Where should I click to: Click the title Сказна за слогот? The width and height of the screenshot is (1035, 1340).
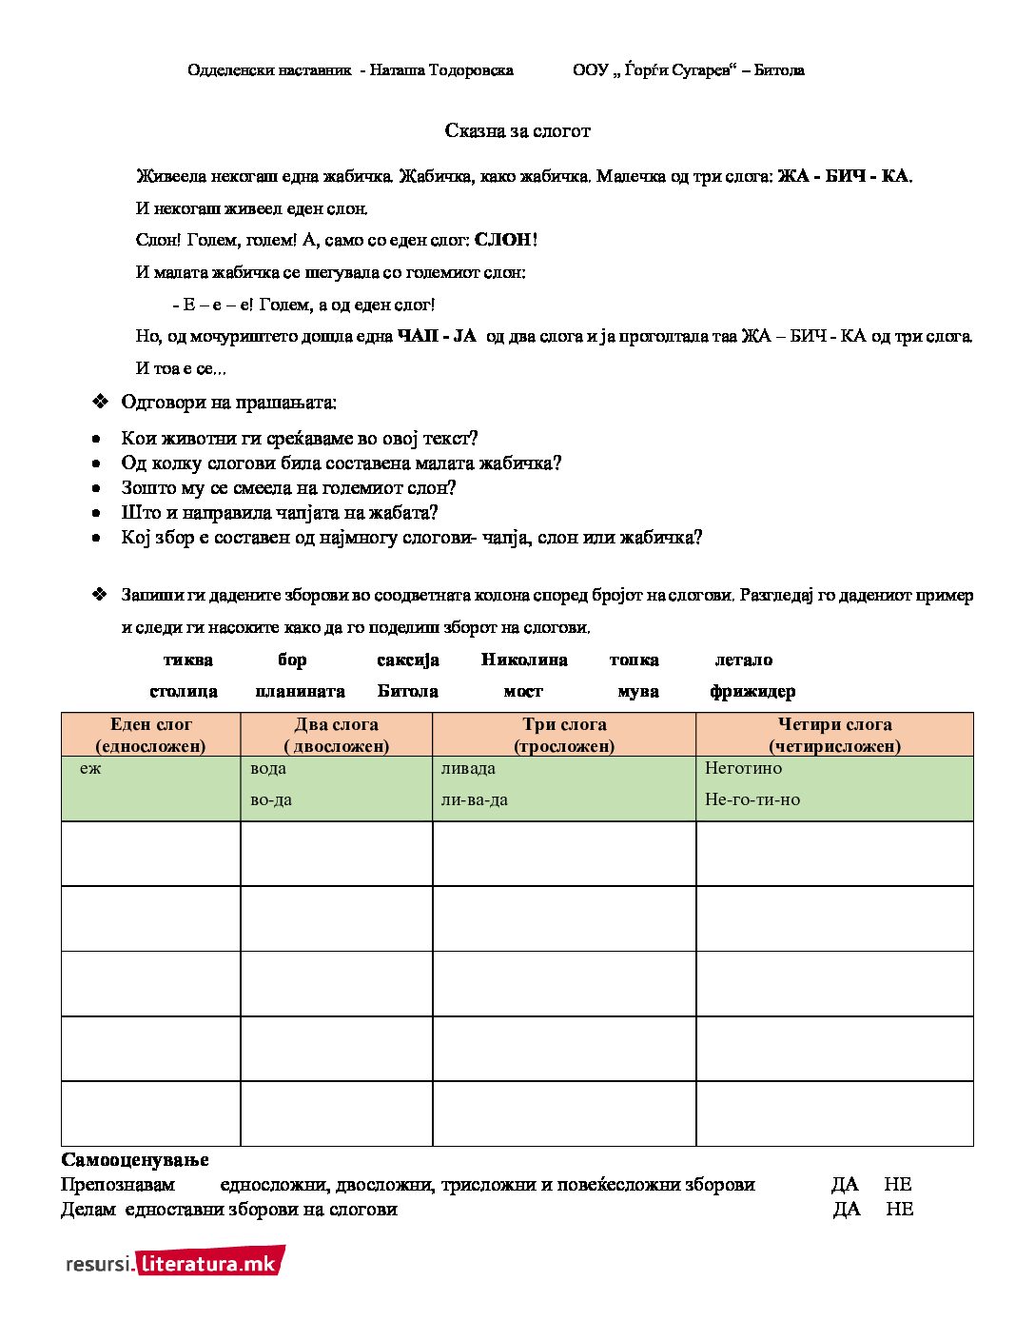[x=517, y=131]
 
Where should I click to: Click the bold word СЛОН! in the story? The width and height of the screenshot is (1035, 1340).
[x=506, y=240]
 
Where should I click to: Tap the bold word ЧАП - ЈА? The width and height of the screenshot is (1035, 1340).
[x=437, y=336]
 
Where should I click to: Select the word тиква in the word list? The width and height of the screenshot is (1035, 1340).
[x=187, y=660]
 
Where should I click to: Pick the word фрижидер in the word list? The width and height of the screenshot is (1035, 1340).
[x=752, y=691]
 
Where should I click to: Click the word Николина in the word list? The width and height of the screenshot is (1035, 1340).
[x=524, y=660]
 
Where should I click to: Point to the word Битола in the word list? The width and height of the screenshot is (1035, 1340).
[x=407, y=691]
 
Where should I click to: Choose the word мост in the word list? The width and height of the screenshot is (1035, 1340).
[x=523, y=691]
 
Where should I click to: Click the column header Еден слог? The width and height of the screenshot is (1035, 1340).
[x=150, y=724]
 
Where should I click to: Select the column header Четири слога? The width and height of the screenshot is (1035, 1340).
[x=834, y=724]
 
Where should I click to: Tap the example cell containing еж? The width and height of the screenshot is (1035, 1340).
[x=90, y=768]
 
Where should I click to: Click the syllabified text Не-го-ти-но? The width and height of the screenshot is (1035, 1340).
[x=752, y=799]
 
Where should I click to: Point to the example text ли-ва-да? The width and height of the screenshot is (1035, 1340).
[x=474, y=799]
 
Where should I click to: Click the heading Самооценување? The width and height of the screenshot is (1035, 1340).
[x=135, y=1159]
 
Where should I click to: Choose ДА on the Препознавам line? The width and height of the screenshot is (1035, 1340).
[x=844, y=1184]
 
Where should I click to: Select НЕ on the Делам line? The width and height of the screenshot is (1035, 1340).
[x=899, y=1209]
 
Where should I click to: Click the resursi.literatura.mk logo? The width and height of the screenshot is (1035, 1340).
[x=175, y=1263]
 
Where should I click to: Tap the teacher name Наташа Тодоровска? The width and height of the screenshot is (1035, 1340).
[x=441, y=69]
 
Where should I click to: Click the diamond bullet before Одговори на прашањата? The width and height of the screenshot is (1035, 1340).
[x=100, y=402]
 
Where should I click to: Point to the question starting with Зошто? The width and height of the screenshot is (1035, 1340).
[x=288, y=488]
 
